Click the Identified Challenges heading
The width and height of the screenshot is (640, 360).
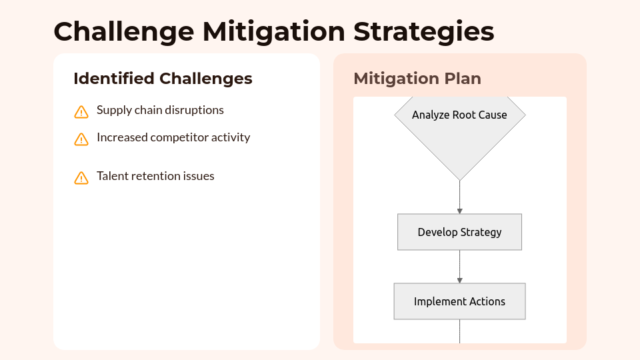pos(163,79)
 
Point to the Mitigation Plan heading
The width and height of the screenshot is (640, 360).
pos(417,79)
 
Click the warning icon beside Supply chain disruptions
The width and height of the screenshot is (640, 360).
pos(81,112)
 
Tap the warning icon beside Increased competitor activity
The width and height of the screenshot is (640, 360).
pos(81,139)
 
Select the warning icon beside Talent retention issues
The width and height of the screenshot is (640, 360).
pos(81,178)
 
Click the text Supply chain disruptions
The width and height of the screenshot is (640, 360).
pos(160,110)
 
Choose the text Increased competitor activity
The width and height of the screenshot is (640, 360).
pos(173,137)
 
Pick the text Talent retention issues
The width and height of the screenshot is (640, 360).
pos(155,176)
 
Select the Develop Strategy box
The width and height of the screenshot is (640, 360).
pos(459,232)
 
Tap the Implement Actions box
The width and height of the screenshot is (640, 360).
pos(459,301)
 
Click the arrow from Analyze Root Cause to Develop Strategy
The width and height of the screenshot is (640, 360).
pos(459,197)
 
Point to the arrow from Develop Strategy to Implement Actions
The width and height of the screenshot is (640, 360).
pos(459,267)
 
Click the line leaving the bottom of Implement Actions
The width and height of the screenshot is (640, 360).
pos(459,331)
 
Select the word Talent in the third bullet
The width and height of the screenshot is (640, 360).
pos(113,176)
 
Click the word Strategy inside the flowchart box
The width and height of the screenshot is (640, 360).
pos(480,232)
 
